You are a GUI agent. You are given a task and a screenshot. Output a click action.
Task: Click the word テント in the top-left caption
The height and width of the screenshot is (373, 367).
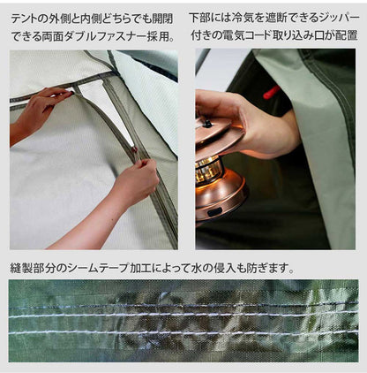pyautogui.click(x=26, y=17)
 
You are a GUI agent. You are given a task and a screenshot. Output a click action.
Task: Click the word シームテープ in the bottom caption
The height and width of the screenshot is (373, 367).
pyautogui.click(x=116, y=267)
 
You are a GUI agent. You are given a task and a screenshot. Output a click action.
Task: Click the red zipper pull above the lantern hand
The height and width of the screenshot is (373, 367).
pyautogui.click(x=271, y=91)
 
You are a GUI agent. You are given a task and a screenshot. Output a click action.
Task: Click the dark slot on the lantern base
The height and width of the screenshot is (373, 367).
pyautogui.click(x=219, y=204)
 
